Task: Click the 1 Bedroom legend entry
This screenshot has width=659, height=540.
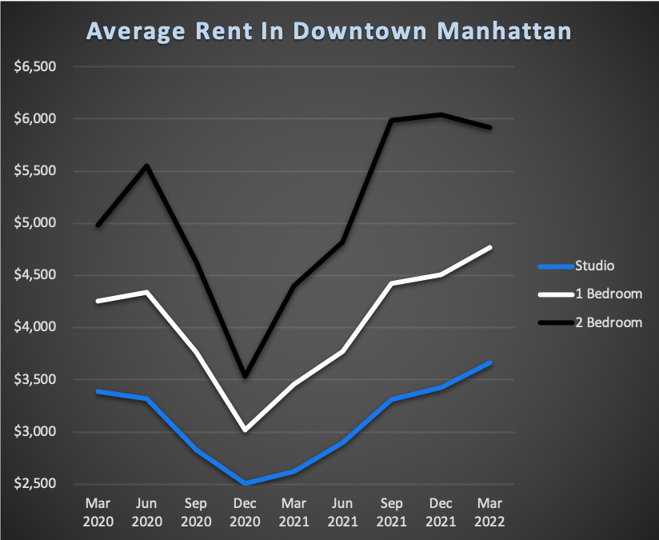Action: [x=609, y=294]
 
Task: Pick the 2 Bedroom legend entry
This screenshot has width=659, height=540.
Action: [x=609, y=322]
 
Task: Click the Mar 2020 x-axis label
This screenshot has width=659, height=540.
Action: [x=97, y=511]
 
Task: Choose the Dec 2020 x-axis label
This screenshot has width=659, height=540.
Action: [x=245, y=511]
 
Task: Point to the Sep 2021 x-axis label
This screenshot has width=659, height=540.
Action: [x=393, y=511]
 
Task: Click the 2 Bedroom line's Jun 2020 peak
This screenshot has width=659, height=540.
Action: [x=146, y=166]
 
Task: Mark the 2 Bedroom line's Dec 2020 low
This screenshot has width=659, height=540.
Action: [x=245, y=376]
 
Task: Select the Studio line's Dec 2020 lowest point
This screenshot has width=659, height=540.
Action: [x=245, y=483]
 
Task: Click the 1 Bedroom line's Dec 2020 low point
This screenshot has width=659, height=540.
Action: [x=245, y=430]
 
